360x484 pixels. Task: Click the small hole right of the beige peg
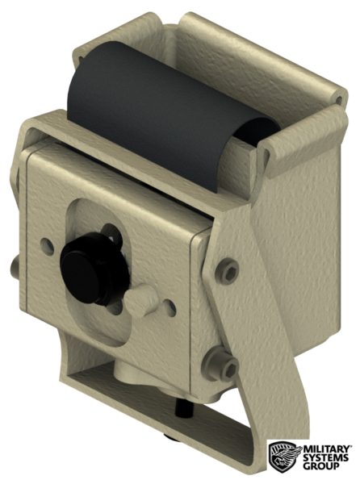(x=170, y=307)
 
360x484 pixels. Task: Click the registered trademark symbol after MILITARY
(x=351, y=444)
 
